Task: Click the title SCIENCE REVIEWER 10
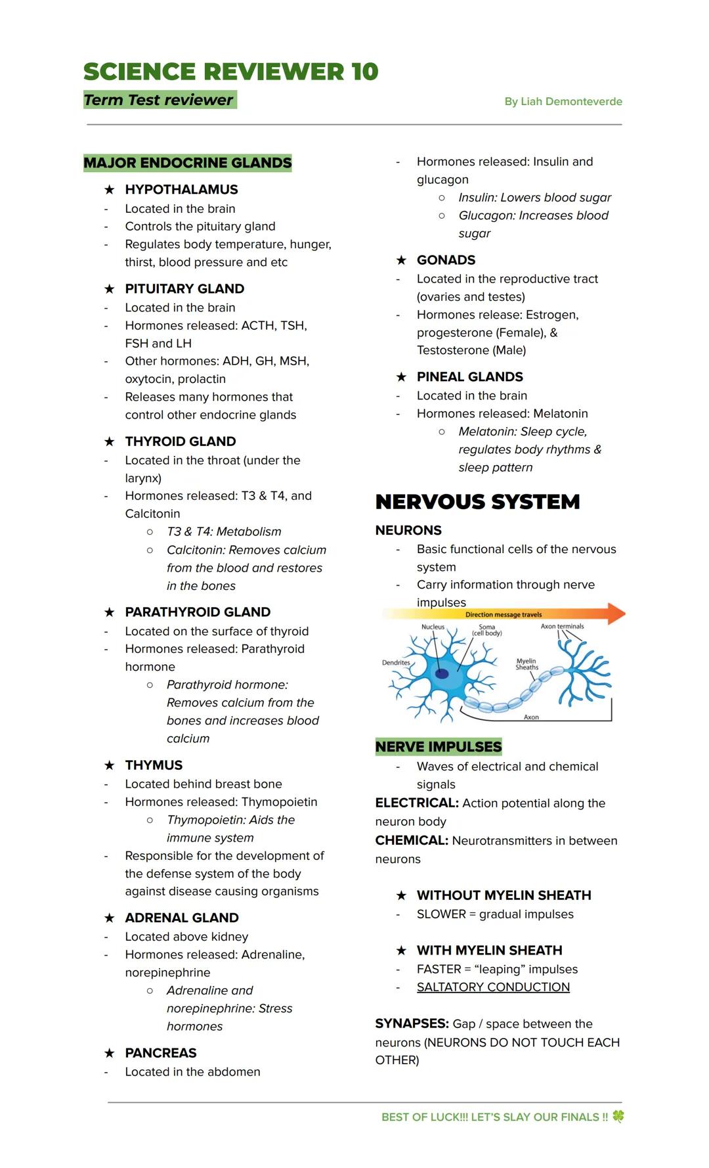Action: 230,72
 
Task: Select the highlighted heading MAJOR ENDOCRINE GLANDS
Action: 187,163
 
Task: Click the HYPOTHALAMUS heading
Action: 181,190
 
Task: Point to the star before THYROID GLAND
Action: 110,442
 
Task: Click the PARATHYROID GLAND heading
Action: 198,612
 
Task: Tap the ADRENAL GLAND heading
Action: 182,918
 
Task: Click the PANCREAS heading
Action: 161,1053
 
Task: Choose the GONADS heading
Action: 446,260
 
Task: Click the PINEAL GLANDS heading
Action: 469,377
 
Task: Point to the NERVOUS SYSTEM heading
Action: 477,502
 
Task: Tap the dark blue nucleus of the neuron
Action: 442,673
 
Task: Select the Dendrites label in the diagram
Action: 396,663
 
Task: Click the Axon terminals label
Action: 562,627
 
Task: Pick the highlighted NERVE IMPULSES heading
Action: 438,747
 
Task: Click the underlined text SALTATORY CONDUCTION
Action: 493,987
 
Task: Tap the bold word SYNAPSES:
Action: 412,1024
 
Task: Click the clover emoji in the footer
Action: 618,1116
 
